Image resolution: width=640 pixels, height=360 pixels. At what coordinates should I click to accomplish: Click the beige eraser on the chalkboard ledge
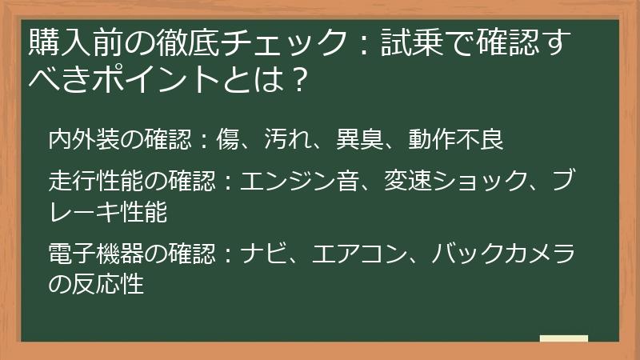564,338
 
